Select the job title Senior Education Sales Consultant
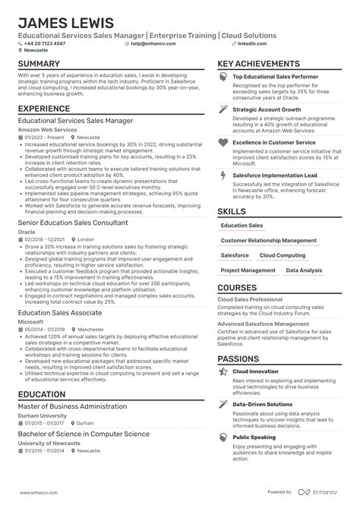point(73,223)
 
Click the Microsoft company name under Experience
point(30,321)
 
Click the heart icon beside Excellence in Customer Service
point(223,142)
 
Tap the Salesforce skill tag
point(235,255)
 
